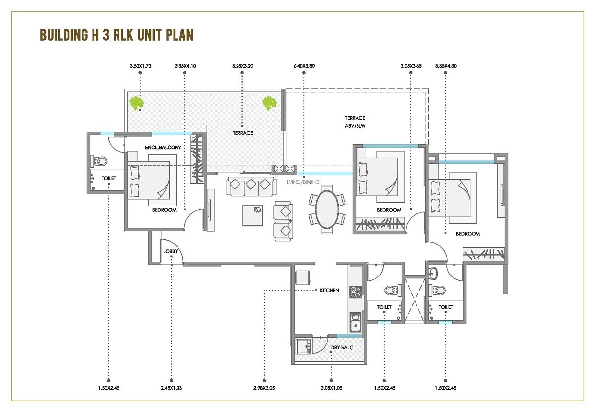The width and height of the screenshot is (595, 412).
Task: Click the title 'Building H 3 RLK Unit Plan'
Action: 116,35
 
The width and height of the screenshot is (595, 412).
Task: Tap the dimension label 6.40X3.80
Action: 303,66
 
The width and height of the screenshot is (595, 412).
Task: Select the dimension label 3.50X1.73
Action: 140,66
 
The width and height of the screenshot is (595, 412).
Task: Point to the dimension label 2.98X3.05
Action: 265,387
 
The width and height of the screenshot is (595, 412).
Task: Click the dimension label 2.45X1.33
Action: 171,387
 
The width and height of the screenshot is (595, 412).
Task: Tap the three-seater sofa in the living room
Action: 250,186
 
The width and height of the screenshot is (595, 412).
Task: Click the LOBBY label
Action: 170,251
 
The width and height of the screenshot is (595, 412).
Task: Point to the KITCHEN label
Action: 329,290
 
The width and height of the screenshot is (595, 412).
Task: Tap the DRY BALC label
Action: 342,348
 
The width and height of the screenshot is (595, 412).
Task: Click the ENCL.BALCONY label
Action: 164,148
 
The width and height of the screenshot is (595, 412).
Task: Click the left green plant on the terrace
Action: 136,103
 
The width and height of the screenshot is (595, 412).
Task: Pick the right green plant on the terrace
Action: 269,103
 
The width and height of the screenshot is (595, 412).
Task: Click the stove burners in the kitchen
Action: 355,292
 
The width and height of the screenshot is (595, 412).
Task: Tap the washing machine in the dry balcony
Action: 302,345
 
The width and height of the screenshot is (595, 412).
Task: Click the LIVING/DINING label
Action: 303,182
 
